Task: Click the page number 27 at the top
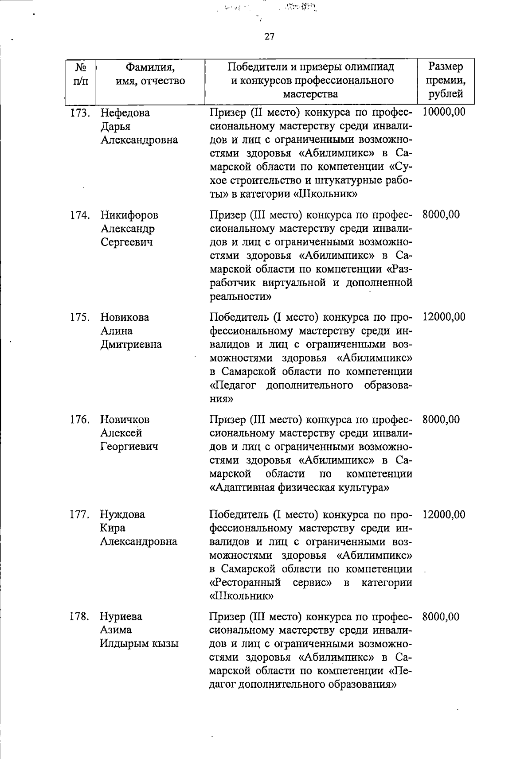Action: click(269, 37)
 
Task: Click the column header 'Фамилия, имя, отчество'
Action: click(150, 74)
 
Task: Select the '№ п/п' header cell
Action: click(80, 74)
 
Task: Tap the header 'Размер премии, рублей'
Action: click(446, 80)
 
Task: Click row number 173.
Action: click(80, 113)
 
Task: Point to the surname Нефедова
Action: click(125, 113)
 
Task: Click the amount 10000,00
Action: click(444, 112)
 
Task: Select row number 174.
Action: click(80, 215)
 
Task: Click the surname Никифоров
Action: click(129, 215)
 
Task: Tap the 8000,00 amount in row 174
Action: click(441, 215)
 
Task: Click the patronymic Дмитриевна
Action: click(131, 345)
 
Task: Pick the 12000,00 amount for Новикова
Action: click(444, 317)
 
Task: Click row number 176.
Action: click(80, 420)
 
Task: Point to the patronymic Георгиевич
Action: click(129, 447)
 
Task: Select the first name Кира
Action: click(113, 528)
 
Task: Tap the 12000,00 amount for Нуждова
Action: click(444, 515)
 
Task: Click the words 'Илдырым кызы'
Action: click(139, 644)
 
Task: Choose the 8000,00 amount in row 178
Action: click(441, 617)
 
